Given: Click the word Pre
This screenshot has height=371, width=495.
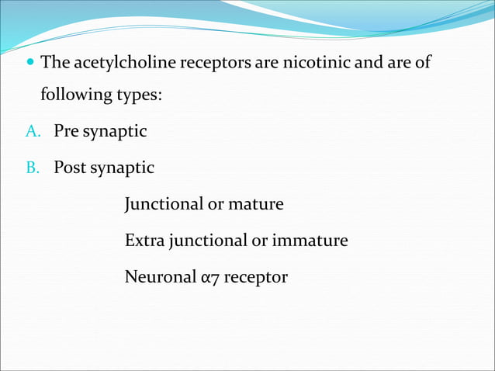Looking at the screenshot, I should [x=65, y=132].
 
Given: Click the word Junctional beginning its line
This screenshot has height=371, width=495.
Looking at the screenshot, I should [x=162, y=204].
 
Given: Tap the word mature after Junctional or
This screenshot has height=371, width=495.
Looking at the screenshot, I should [x=256, y=204].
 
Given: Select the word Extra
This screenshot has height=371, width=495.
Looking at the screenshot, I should [x=143, y=241].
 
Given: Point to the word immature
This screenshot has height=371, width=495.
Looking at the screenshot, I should [x=310, y=241].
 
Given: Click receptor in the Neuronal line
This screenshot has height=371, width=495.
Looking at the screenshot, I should [x=255, y=277].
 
